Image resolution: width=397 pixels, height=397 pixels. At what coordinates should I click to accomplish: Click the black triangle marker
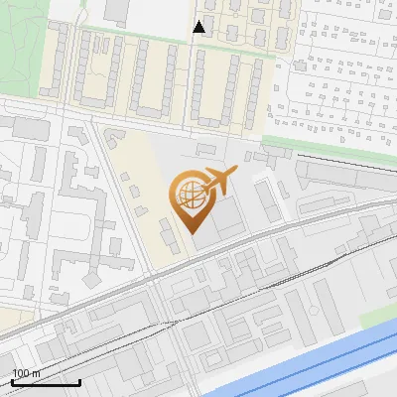198,27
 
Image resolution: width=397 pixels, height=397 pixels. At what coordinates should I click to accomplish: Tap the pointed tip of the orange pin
189,231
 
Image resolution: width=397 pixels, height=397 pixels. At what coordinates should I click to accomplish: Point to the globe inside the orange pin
188,196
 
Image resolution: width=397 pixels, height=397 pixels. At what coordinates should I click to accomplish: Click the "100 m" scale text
26,373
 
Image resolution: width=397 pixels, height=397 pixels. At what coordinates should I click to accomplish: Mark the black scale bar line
46,382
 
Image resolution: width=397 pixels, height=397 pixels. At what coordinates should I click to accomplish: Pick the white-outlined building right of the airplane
266,198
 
